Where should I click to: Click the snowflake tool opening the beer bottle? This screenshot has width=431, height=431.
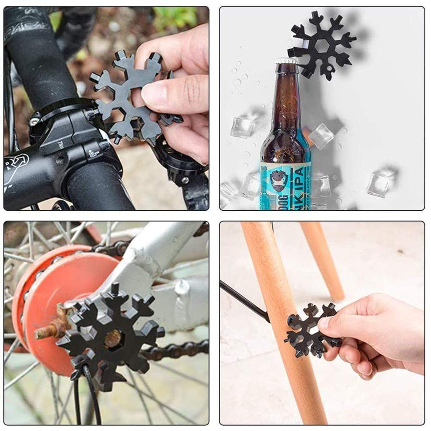[x=324, y=44]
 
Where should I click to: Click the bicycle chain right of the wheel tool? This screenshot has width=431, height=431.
[x=183, y=350]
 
